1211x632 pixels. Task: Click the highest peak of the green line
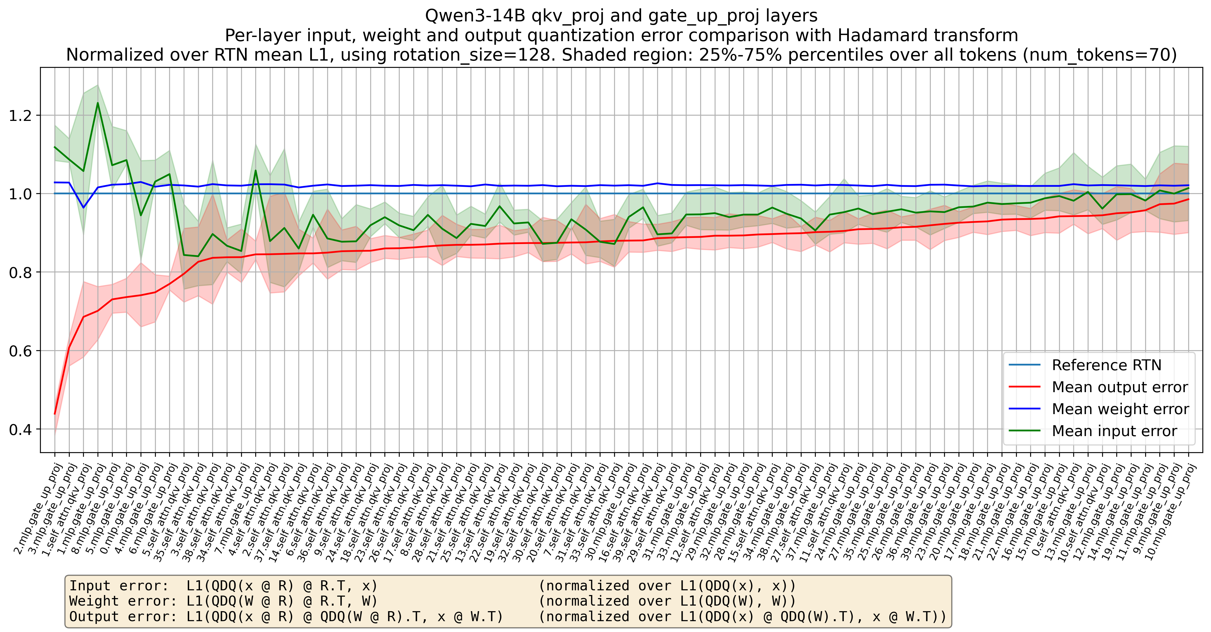[x=98, y=103]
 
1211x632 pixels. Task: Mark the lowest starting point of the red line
[x=55, y=414]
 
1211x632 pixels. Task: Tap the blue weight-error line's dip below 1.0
[x=84, y=207]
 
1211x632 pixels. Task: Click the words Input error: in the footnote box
[x=119, y=586]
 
